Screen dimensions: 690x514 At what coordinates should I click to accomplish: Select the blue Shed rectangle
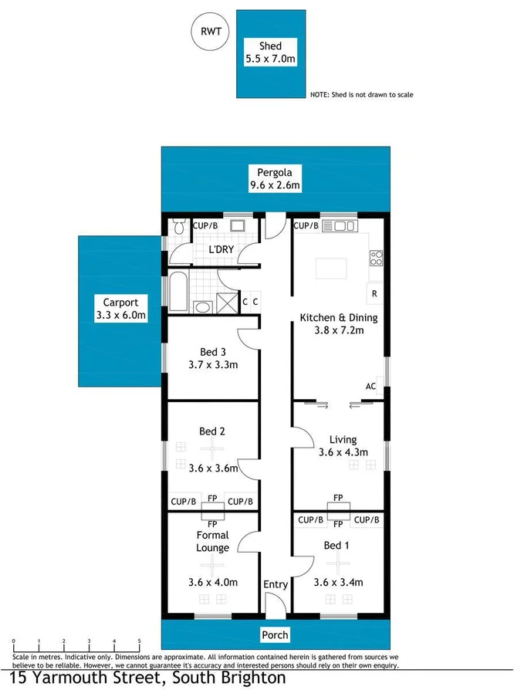pos(270,53)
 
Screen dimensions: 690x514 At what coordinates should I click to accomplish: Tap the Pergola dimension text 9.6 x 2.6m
pos(274,185)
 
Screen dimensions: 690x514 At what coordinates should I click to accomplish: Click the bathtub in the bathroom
pos(174,292)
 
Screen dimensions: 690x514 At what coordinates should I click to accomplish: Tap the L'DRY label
pos(221,249)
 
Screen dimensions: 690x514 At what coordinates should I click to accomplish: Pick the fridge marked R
pos(374,294)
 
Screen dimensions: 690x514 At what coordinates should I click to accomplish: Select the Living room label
pos(343,440)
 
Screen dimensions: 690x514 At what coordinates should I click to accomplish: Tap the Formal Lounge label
pos(212,541)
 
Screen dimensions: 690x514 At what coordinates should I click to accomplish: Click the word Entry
pos(275,584)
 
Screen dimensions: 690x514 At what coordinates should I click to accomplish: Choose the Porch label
pos(275,634)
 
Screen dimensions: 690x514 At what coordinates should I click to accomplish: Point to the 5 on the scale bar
pos(139,641)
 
